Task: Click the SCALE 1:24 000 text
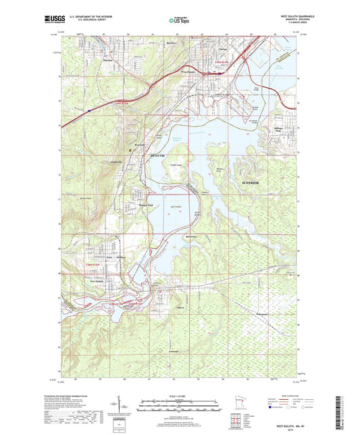[x=180, y=395]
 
